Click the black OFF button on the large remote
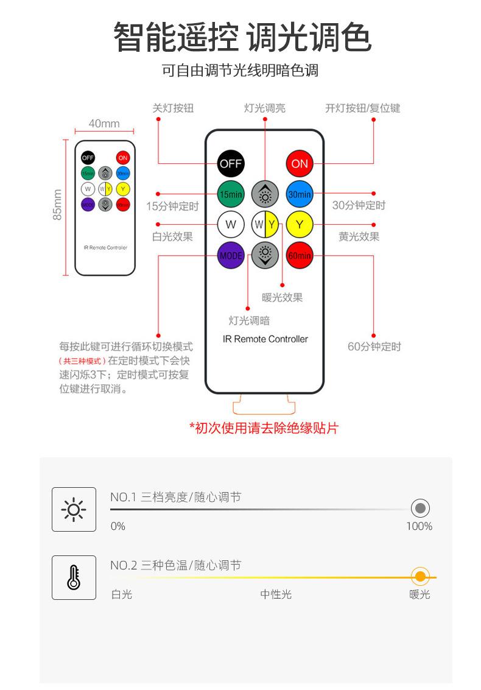231,163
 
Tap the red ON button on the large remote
300,163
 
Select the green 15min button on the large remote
231,194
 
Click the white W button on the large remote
231,225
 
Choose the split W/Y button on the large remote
265,225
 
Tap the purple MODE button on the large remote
231,255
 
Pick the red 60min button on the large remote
300,255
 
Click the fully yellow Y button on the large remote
300,225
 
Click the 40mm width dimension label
104,124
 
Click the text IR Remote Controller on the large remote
265,339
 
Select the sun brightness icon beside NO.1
74,509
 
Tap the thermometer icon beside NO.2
74,577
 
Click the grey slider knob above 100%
420,508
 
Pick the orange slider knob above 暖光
420,576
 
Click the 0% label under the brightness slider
118,526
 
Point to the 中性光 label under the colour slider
276,594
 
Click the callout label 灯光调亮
265,108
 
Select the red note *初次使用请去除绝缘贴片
264,428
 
